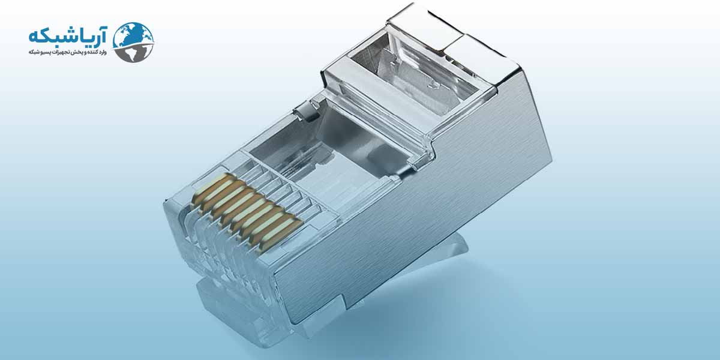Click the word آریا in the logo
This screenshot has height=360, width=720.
pos(91,37)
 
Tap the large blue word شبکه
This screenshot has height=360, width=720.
pos(52,37)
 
